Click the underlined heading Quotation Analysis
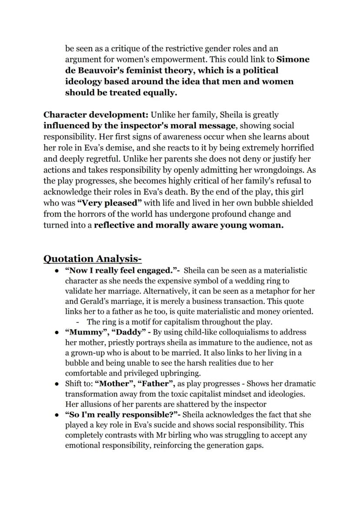click(92, 259)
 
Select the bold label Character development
click(96, 115)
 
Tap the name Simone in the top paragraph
click(293, 59)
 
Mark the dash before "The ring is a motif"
click(77, 322)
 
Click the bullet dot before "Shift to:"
click(57, 384)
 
